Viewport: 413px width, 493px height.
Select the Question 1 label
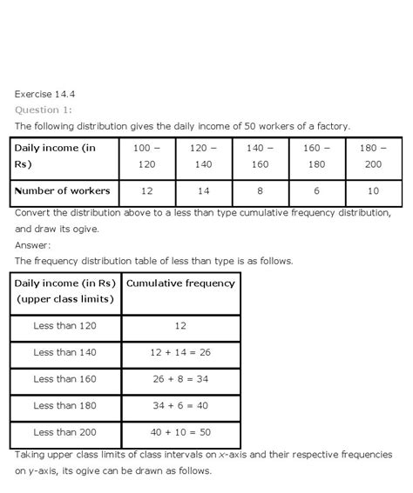coord(44,110)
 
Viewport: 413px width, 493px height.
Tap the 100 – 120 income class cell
coord(146,156)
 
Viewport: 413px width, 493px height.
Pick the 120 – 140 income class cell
coord(202,156)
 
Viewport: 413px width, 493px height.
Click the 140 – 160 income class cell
coord(259,156)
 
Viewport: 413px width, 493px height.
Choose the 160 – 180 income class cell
coord(316,156)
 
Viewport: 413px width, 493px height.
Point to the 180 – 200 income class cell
coord(373,156)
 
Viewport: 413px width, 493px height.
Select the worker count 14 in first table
coord(202,190)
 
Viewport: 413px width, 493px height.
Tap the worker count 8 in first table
coord(259,190)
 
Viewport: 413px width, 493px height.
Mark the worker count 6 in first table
coord(316,190)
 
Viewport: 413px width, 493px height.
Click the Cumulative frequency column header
coord(180,283)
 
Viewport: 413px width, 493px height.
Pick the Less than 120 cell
coord(65,325)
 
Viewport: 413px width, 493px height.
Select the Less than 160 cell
coord(65,379)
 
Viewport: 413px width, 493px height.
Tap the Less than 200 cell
coord(65,433)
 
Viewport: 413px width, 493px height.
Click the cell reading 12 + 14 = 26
coord(180,352)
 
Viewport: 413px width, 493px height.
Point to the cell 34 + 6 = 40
coord(180,406)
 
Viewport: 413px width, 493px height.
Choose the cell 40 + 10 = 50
coord(180,433)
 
